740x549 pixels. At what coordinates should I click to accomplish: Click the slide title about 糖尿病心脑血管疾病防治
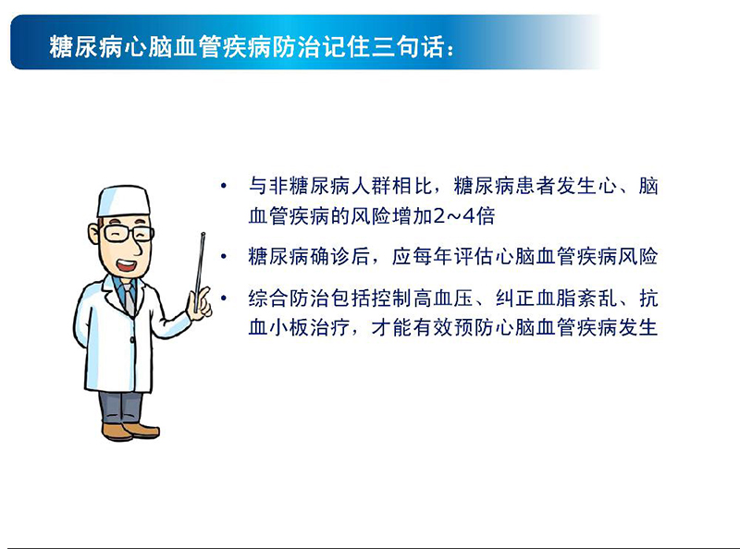click(250, 45)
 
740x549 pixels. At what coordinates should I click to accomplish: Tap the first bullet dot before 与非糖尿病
click(223, 187)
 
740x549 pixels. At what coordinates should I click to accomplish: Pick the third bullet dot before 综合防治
click(223, 299)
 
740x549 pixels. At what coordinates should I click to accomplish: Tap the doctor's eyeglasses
click(128, 233)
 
